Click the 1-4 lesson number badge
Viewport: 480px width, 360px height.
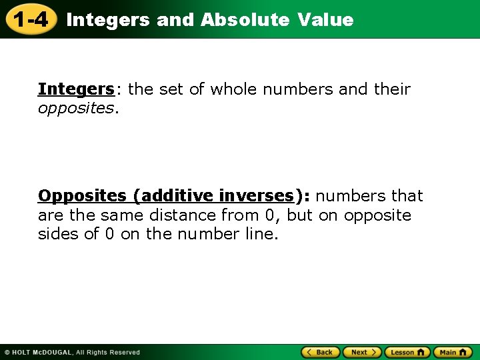click(30, 19)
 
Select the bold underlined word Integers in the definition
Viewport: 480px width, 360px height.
click(76, 89)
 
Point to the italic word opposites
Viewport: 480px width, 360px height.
click(76, 108)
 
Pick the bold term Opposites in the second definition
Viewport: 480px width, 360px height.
click(82, 196)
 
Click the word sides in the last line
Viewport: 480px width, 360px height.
click(57, 235)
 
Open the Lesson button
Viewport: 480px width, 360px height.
click(407, 352)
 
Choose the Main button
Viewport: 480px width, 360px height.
click(453, 352)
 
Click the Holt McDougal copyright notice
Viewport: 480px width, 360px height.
click(72, 352)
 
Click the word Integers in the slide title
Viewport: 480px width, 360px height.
click(108, 20)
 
